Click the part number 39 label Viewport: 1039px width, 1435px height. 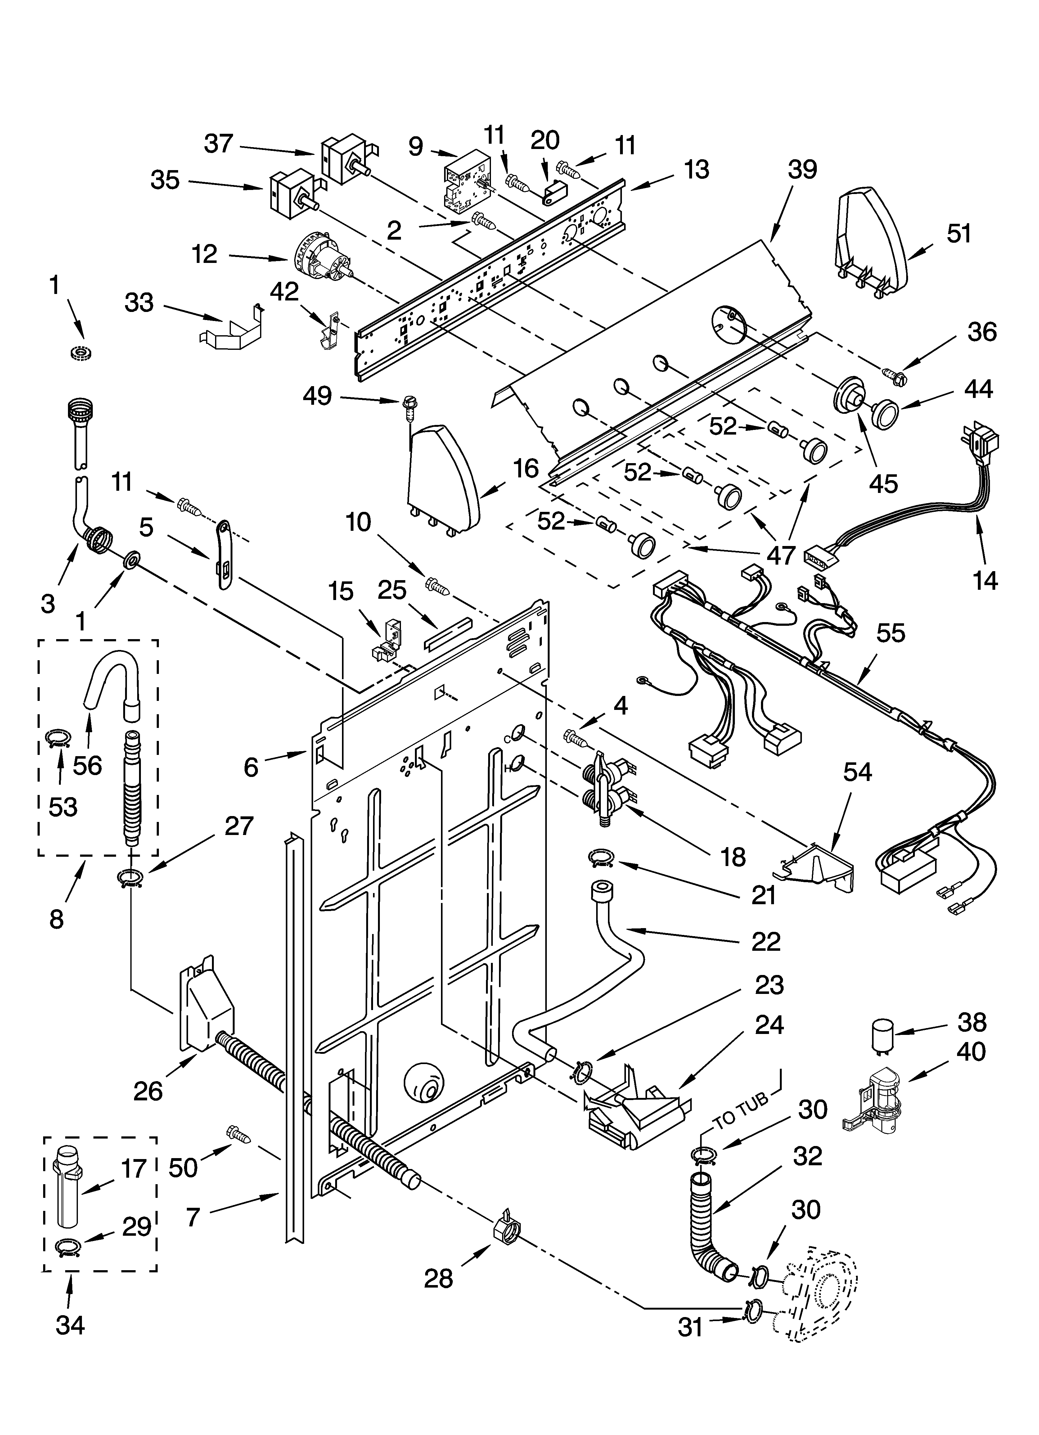pyautogui.click(x=802, y=169)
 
